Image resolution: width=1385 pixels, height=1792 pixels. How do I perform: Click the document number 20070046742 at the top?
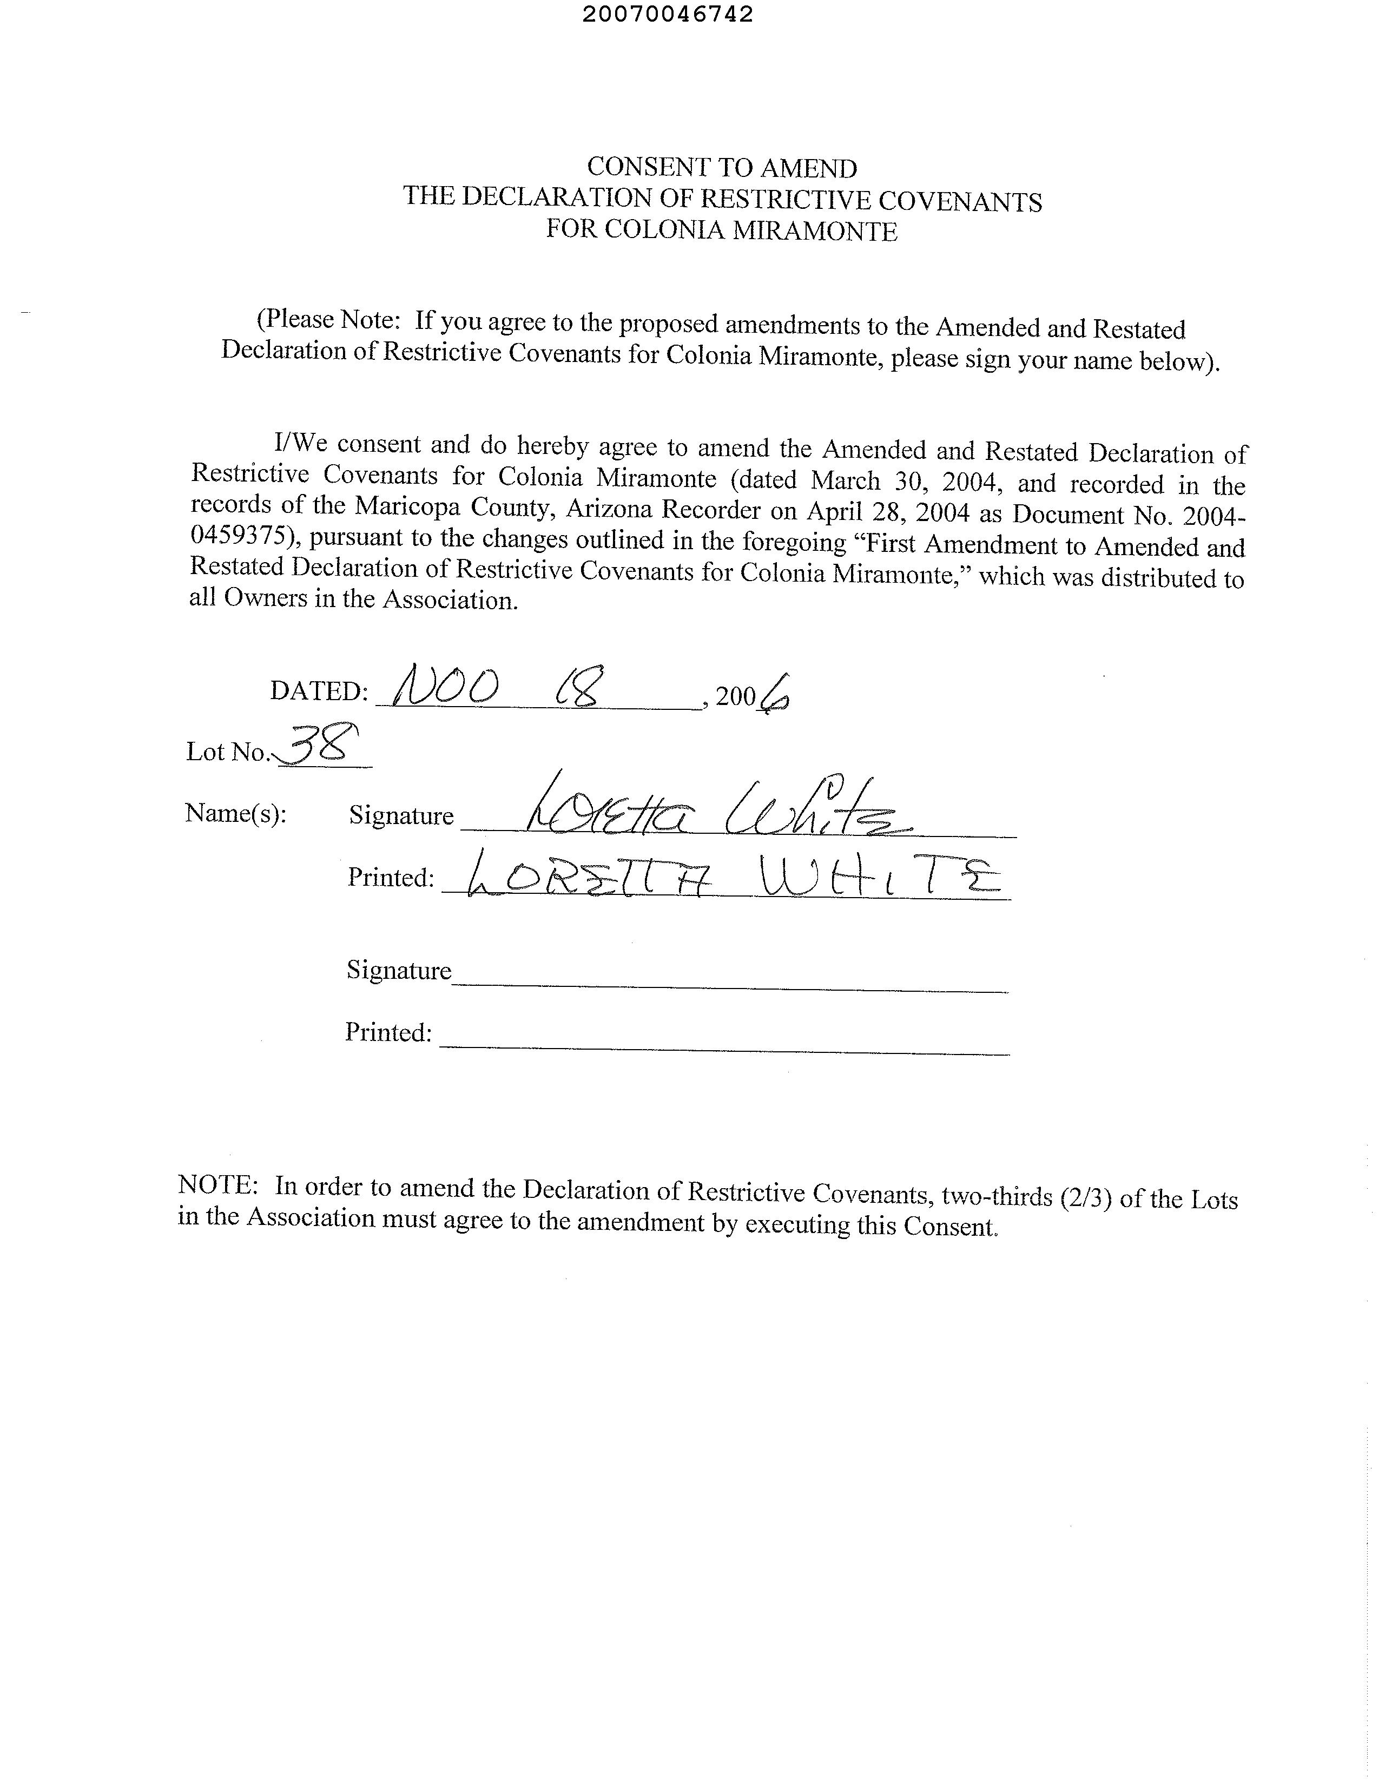click(x=667, y=15)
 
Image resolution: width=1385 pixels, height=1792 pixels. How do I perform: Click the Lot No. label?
click(x=227, y=752)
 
